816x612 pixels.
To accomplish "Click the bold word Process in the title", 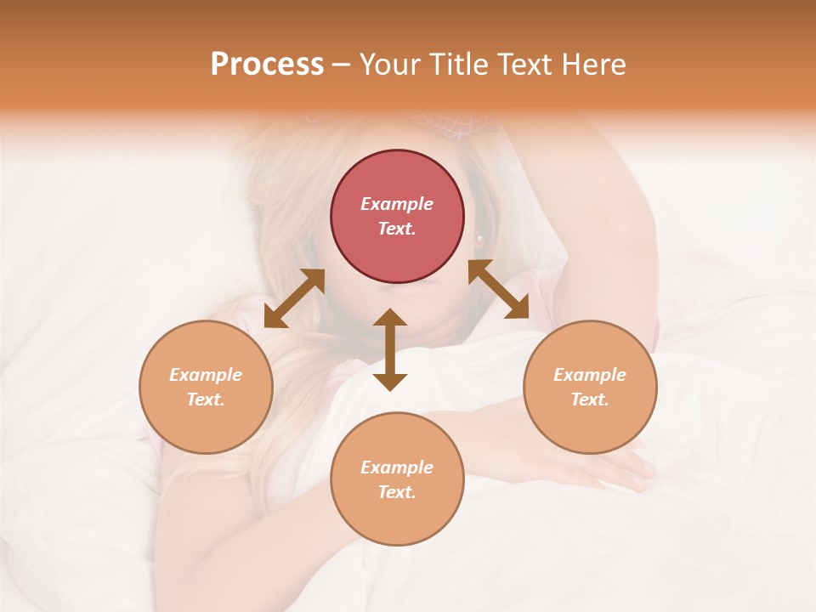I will tap(267, 65).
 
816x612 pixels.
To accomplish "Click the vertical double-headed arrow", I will tap(390, 349).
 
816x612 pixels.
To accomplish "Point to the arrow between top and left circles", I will tap(294, 298).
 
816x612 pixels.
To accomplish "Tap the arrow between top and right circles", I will tap(498, 289).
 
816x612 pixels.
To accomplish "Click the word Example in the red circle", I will tap(397, 204).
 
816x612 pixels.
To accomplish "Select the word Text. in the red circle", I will tap(397, 229).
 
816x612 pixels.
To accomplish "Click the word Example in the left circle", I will tap(206, 375).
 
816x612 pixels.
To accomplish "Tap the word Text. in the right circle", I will tap(590, 399).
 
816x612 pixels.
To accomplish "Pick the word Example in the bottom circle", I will tap(397, 467).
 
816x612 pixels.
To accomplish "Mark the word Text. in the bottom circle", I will tap(397, 492).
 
